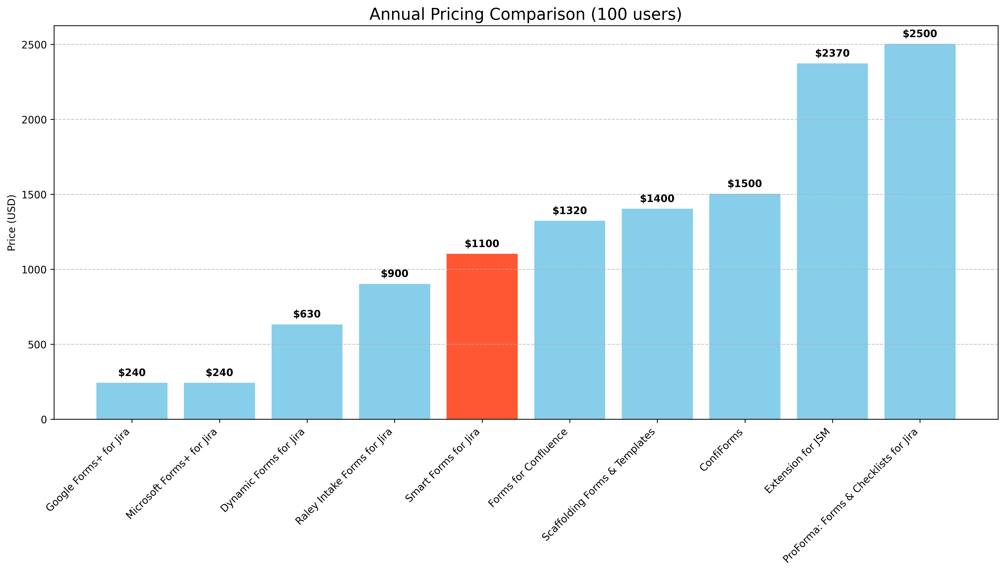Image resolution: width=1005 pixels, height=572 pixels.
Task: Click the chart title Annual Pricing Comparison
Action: (x=525, y=14)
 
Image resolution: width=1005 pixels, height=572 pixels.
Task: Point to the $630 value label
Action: (x=307, y=314)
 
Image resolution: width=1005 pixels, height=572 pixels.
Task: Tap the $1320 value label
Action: (x=569, y=211)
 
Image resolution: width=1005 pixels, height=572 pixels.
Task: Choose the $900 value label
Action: (x=394, y=274)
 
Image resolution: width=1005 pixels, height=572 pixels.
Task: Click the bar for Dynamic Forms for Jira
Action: (x=307, y=372)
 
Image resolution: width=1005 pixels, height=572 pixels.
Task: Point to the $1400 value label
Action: (x=657, y=199)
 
